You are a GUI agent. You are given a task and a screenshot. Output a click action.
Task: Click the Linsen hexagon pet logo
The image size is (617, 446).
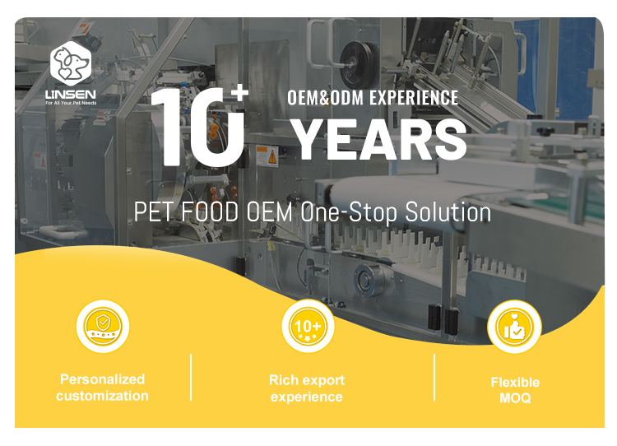point(71,63)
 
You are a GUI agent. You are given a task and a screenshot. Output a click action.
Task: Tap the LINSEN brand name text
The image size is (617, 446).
point(71,95)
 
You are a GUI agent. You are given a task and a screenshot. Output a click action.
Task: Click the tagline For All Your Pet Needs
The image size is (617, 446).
point(71,103)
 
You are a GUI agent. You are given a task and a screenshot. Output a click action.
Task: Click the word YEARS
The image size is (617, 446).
point(379,139)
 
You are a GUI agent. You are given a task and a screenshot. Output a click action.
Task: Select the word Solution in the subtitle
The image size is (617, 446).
point(448,211)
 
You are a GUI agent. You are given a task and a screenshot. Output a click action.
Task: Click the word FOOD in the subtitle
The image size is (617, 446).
point(210,211)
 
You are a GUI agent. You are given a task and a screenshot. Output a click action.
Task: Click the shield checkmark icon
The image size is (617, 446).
point(103,327)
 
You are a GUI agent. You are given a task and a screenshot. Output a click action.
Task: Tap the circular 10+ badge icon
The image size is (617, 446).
point(308,327)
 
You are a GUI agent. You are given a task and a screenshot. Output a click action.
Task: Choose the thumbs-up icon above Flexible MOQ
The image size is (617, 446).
point(514,327)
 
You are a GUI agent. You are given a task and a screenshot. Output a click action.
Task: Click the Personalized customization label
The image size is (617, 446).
point(102,388)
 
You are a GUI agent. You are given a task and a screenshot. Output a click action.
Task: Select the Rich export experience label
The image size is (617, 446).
point(307,388)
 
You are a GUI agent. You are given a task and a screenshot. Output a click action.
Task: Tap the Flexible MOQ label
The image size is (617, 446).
point(515,390)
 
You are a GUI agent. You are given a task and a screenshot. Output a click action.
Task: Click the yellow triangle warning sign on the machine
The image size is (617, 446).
point(271,157)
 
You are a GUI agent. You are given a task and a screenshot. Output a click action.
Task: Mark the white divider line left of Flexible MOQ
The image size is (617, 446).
point(434,378)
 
